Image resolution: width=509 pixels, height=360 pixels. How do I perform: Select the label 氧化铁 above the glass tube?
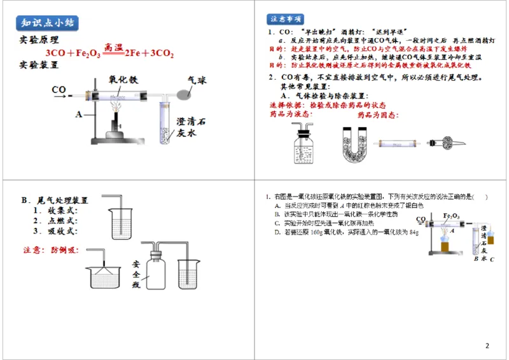(123, 81)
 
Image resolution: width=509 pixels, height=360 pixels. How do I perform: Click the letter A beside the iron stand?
(78, 114)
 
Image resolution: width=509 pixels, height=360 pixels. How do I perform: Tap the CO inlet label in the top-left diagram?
(59, 90)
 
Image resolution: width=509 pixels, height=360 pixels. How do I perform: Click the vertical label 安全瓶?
(136, 273)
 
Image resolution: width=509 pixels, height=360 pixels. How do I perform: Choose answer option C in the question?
(331, 223)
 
